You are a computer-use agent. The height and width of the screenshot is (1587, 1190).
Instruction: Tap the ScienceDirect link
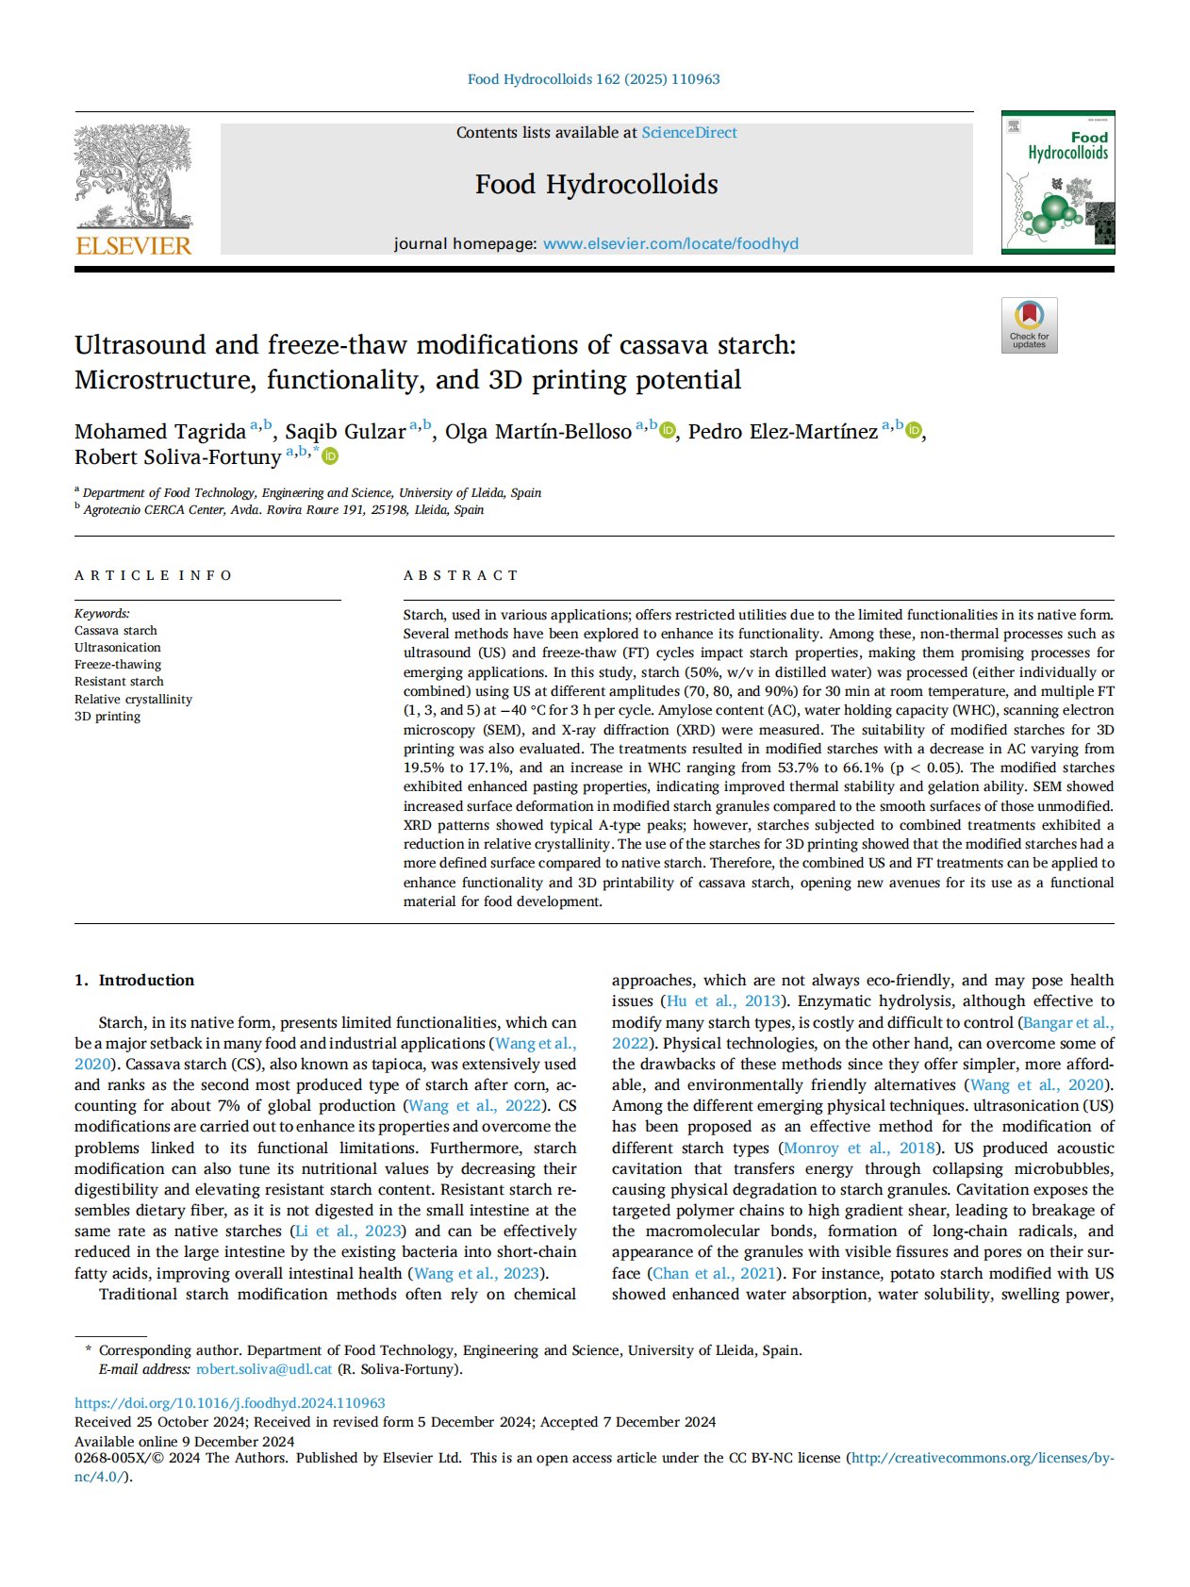click(x=689, y=133)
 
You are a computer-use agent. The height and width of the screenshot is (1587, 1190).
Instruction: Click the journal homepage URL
click(x=670, y=243)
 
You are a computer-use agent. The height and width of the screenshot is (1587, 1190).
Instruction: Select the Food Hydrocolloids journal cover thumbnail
click(x=1057, y=183)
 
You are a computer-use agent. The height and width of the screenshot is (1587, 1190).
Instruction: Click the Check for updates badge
click(x=1029, y=325)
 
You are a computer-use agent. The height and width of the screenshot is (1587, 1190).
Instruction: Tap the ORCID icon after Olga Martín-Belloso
click(x=668, y=431)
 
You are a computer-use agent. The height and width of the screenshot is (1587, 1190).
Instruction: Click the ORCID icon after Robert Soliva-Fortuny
click(x=330, y=457)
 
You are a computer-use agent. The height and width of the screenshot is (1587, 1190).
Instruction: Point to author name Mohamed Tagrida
click(x=160, y=432)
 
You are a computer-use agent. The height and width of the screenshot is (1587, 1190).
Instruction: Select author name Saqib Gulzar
click(x=345, y=432)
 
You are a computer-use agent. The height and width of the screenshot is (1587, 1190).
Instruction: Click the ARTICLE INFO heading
click(x=154, y=575)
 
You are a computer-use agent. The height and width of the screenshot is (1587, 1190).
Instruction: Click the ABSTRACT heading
click(x=461, y=575)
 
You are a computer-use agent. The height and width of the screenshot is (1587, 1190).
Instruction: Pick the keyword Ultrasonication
click(x=118, y=648)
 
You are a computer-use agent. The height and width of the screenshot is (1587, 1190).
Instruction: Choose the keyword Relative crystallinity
click(x=133, y=700)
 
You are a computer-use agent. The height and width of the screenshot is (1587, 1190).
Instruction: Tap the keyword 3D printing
click(x=107, y=717)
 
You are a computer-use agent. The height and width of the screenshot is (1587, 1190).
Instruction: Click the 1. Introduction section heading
click(x=135, y=981)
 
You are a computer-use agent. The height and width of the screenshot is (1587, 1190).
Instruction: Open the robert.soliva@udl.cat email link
click(x=264, y=1369)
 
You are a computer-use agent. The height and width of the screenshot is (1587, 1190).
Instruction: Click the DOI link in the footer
click(x=230, y=1403)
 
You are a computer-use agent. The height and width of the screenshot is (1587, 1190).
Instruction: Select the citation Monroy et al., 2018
click(x=860, y=1149)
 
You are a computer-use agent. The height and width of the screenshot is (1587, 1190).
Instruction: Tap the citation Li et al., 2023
click(x=349, y=1232)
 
